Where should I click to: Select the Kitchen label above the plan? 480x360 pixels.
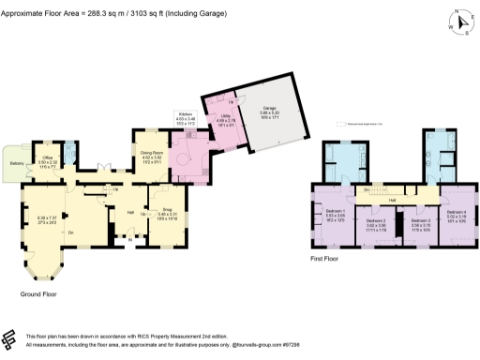click(x=186, y=114)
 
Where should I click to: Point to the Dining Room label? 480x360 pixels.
click(x=152, y=153)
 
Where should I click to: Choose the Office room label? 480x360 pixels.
click(x=48, y=158)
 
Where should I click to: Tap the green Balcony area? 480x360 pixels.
click(x=16, y=162)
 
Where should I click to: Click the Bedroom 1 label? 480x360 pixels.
click(x=336, y=211)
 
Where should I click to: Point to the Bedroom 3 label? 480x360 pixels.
click(x=421, y=222)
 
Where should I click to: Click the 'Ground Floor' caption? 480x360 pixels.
click(x=38, y=293)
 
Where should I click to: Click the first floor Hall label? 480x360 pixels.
click(x=394, y=199)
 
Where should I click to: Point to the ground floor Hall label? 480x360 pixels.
click(x=130, y=212)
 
